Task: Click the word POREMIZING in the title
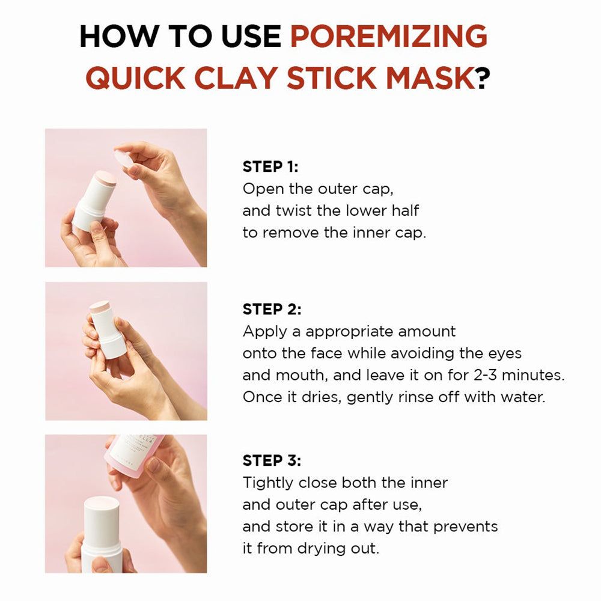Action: pyautogui.click(x=388, y=37)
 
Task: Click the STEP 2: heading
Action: pyautogui.click(x=272, y=310)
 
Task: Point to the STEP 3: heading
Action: pyautogui.click(x=272, y=461)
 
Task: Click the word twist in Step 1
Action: pyautogui.click(x=307, y=211)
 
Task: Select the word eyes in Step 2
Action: pyautogui.click(x=504, y=353)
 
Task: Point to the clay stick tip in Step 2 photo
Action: pyautogui.click(x=100, y=307)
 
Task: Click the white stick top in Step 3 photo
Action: pyautogui.click(x=102, y=505)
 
